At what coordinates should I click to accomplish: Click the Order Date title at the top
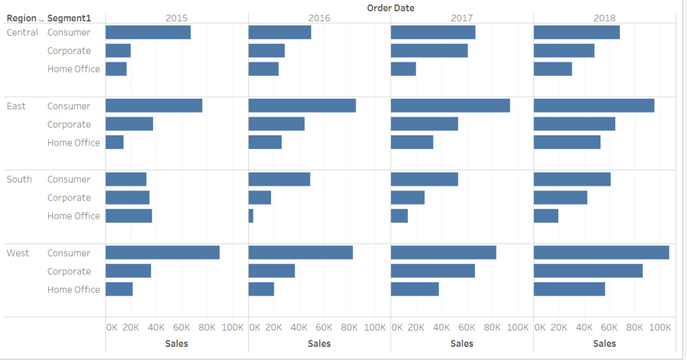[390, 8]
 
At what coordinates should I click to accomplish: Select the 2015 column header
[176, 19]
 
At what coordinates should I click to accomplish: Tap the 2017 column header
[462, 19]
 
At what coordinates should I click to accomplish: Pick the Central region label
[22, 32]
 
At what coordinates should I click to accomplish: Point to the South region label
[19, 179]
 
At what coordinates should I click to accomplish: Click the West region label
[18, 253]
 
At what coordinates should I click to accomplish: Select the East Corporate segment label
[69, 124]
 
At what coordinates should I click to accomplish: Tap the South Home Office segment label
[74, 216]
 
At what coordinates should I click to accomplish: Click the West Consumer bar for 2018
[601, 252]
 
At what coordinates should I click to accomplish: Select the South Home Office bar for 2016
[251, 216]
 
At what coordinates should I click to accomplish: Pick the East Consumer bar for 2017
[450, 105]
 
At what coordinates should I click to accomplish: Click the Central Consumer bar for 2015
[148, 32]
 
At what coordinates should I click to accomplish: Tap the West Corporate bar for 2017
[433, 271]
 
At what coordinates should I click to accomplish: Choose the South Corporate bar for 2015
[127, 198]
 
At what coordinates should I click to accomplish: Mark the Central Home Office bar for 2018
[553, 69]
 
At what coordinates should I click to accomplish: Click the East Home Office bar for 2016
[265, 142]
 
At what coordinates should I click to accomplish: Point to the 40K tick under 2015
[156, 327]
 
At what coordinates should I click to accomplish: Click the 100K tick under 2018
[661, 327]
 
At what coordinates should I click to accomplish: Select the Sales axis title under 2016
[319, 343]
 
